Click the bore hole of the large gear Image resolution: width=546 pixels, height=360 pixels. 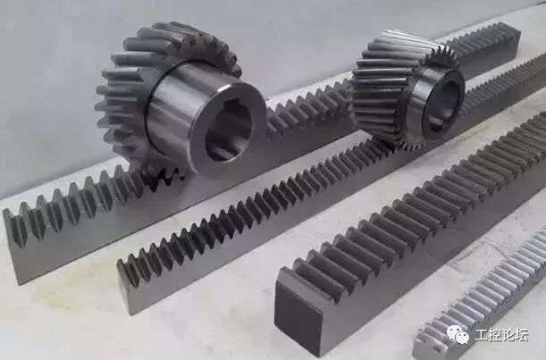pyautogui.click(x=228, y=132)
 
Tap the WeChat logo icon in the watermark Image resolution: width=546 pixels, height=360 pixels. pyautogui.click(x=458, y=334)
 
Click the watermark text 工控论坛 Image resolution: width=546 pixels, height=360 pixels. pyautogui.click(x=501, y=335)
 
